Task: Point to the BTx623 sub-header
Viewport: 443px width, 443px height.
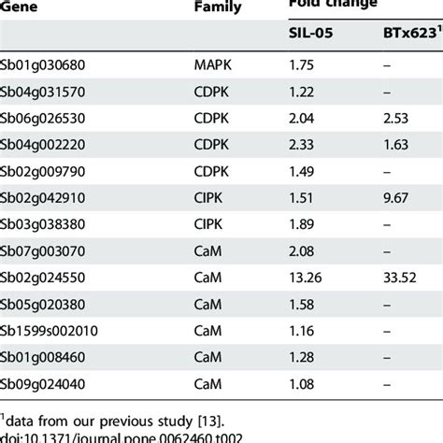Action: tap(402, 34)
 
